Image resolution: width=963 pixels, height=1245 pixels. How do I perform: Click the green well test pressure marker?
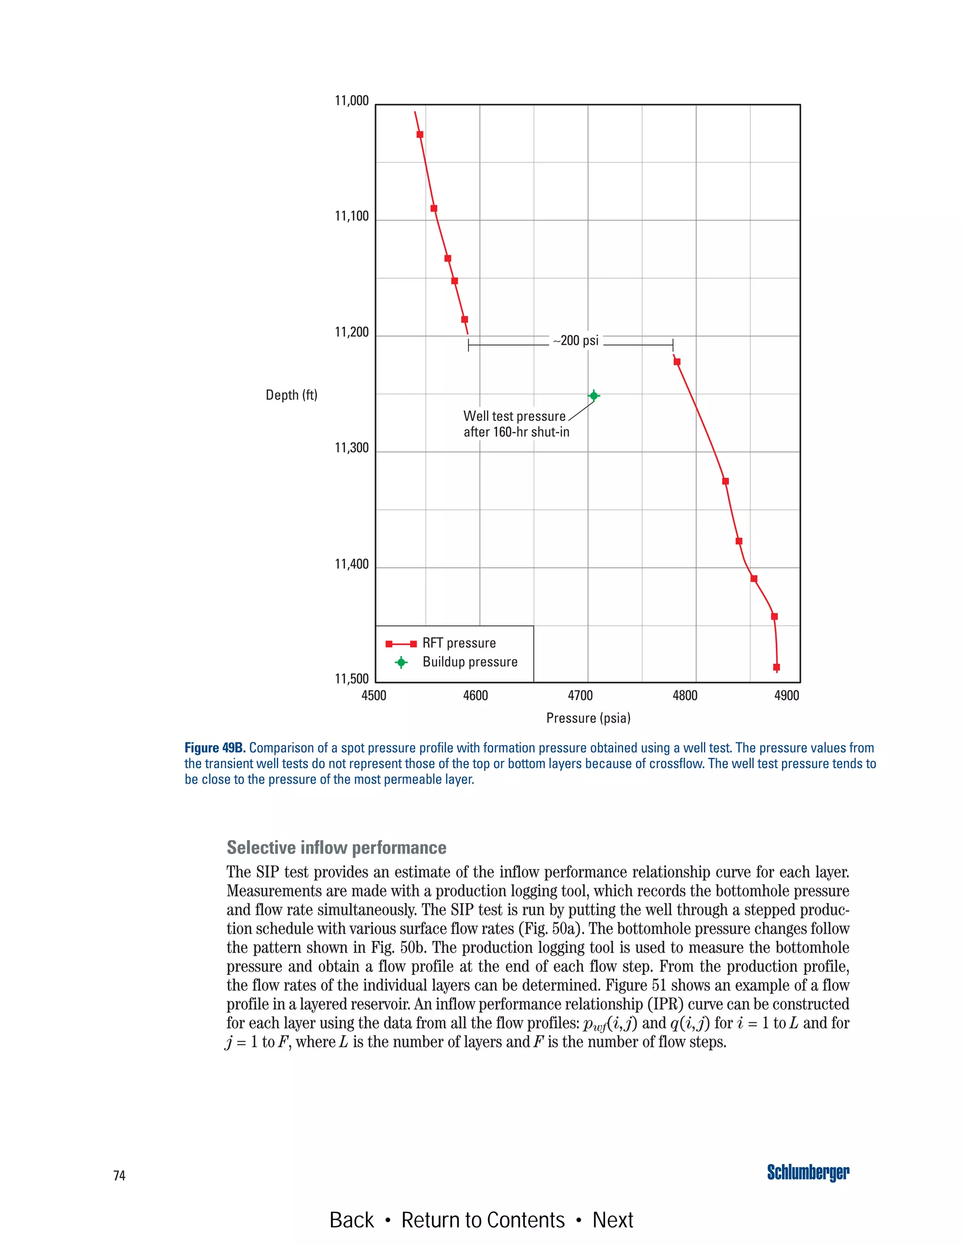[593, 396]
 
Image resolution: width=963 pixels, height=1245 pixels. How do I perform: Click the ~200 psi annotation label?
[576, 341]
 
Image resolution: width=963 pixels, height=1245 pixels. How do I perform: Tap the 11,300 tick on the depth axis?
[351, 448]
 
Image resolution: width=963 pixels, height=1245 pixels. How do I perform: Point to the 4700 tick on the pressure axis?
[580, 695]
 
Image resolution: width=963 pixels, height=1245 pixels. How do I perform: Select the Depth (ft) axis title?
[292, 395]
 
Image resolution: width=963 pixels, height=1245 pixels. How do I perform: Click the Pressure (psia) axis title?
[588, 718]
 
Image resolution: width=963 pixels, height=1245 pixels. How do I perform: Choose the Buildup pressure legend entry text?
[470, 662]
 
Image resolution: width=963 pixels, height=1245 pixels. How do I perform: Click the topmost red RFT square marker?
[420, 134]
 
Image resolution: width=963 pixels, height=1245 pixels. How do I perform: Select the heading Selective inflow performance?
[336, 848]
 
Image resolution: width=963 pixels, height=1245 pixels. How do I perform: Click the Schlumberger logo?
[807, 1173]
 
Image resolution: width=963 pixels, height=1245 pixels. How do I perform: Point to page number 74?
[119, 1175]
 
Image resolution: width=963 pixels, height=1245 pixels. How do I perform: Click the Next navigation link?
[612, 1220]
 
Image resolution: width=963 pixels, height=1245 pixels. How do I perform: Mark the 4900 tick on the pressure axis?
[786, 695]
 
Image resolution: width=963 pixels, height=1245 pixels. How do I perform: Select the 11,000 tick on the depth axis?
[351, 101]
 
